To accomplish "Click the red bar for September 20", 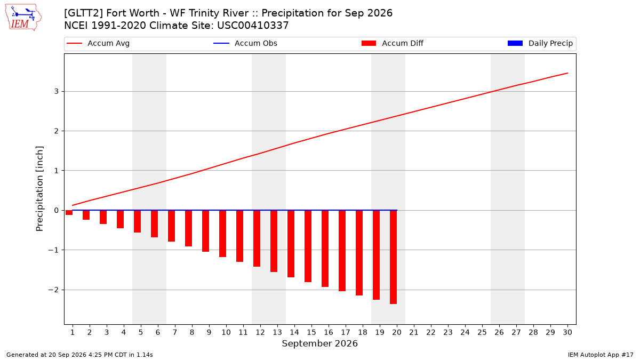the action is pos(394,257).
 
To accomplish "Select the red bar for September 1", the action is pos(69,213).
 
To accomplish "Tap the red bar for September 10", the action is pos(222,234).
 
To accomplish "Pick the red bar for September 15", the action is pos(308,246).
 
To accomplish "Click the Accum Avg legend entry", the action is pos(98,43).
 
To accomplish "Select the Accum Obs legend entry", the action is pos(245,43).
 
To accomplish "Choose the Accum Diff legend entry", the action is pos(393,43).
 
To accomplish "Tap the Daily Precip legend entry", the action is pos(540,43).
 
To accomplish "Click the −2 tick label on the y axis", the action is pos(53,290).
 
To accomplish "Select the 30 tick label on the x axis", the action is pos(567,332).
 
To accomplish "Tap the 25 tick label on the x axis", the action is pos(482,332).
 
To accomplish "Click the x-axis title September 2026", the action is pos(319,343).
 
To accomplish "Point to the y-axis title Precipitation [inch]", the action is pos(39,189).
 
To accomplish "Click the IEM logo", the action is pos(23,18).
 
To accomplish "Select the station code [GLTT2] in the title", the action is pos(83,13).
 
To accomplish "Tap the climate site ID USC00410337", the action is pos(253,26).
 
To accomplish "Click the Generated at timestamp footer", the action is pos(79,355).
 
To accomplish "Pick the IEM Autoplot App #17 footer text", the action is pos(601,355).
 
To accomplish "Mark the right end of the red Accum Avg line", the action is pos(567,73).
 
